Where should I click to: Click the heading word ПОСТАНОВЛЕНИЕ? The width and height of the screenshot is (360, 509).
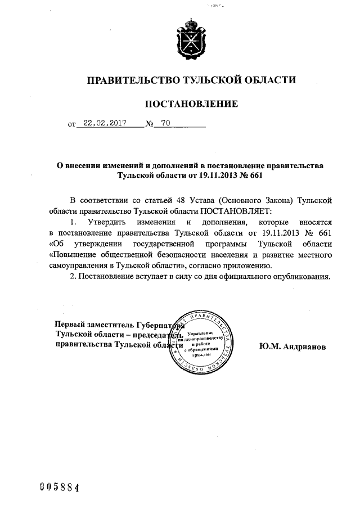(191, 103)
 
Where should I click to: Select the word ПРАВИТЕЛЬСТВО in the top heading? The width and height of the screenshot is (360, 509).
(130, 80)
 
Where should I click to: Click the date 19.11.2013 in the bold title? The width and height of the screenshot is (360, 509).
(216, 175)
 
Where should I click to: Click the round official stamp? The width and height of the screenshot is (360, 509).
(203, 342)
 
